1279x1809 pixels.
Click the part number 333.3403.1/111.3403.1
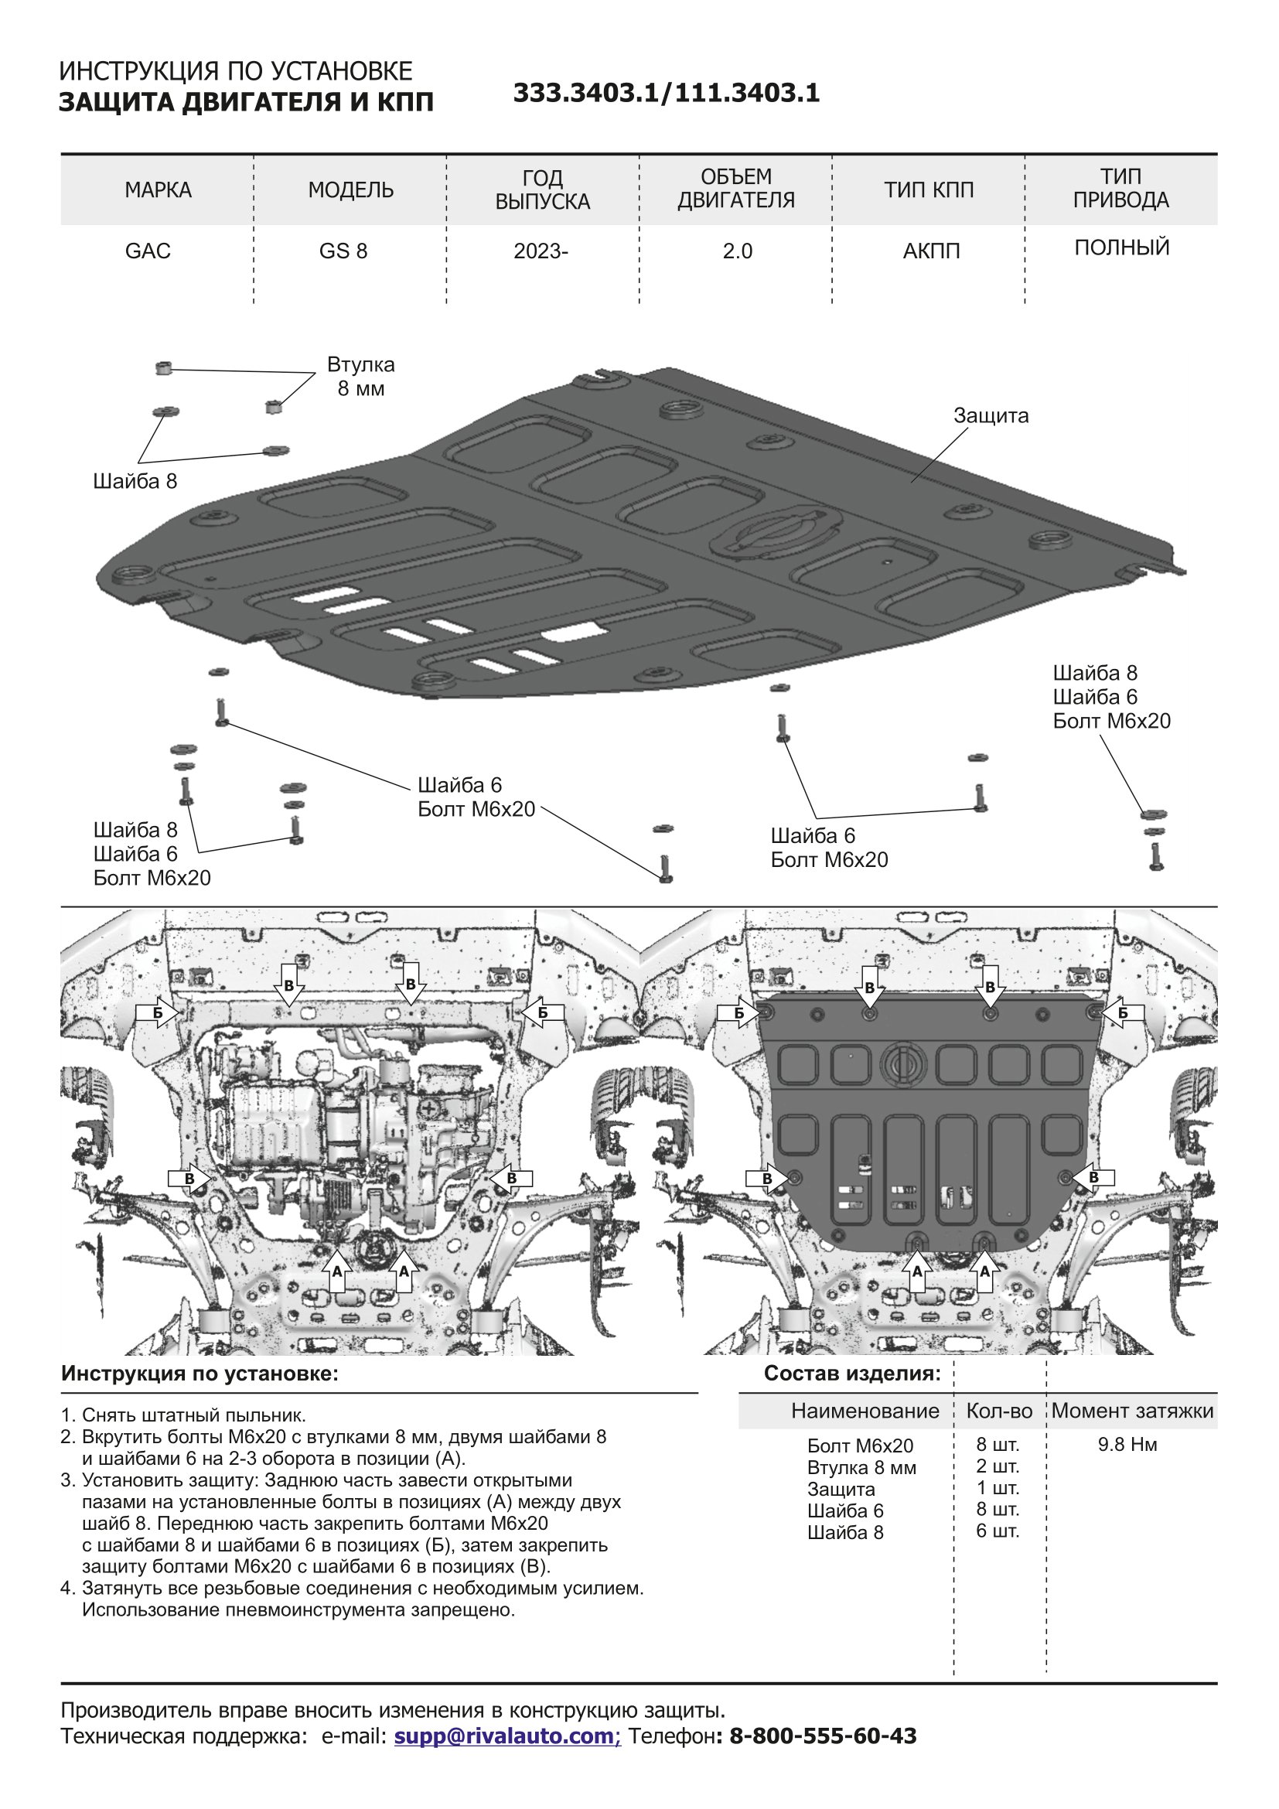667,93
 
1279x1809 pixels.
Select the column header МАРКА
158,190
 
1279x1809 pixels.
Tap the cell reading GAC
148,251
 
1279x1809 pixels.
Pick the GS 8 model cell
343,251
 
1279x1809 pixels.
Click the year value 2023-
541,251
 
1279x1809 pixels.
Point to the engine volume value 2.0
737,251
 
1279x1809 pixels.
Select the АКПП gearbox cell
931,251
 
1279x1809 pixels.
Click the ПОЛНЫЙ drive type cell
1121,248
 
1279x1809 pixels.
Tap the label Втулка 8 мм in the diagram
360,377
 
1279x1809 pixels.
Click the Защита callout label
991,415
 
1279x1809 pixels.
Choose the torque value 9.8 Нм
1127,1444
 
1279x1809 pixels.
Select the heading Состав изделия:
852,1374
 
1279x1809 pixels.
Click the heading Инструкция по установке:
200,1374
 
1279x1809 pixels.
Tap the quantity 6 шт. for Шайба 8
998,1531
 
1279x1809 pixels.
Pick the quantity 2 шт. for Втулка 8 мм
998,1466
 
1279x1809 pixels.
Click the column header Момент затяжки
1133,1411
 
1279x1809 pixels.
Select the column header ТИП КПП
929,190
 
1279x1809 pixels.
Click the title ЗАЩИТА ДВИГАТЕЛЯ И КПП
247,102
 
